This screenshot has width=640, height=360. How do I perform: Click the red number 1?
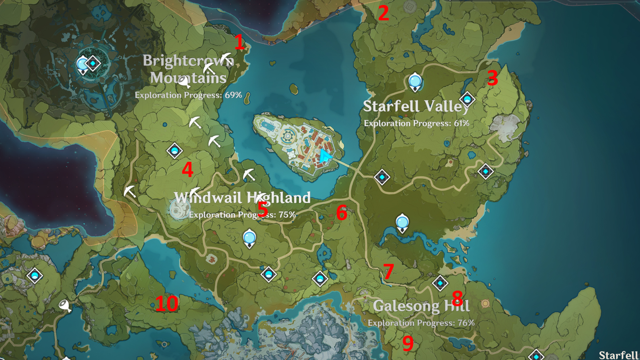(239, 42)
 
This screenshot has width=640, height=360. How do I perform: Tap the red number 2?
(383, 13)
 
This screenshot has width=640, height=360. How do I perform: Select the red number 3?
(492, 78)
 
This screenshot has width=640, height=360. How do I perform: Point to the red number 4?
(187, 169)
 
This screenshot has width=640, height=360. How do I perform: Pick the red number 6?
(342, 213)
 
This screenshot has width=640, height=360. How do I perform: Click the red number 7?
(389, 272)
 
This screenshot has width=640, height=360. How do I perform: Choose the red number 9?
(408, 343)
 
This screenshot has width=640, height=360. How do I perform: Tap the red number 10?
(167, 304)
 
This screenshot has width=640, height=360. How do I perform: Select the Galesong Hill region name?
(421, 306)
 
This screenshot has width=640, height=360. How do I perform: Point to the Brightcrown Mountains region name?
(188, 69)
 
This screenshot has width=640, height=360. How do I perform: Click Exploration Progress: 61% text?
(416, 123)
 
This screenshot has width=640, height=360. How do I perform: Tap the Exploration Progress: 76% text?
(421, 323)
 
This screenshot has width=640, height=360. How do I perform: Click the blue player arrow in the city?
(325, 156)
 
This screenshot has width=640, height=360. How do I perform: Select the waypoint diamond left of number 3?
(467, 99)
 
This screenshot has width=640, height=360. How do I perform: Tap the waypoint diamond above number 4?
(174, 151)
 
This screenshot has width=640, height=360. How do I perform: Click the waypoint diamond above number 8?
(440, 283)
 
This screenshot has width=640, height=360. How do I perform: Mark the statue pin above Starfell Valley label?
(415, 82)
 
